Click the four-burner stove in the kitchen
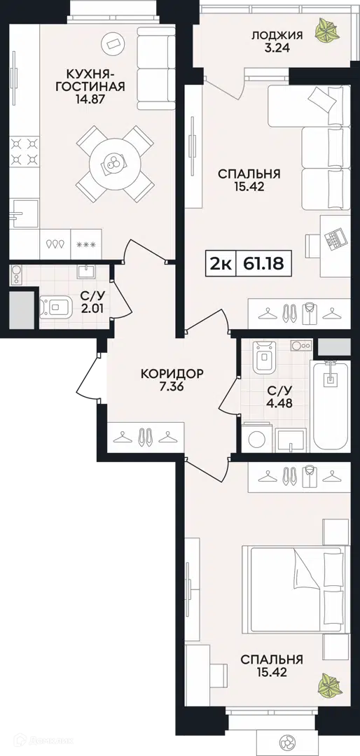pos(24,151)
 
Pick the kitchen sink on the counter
pos(24,213)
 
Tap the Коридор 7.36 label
pos(172,379)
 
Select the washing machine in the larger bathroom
pos(257,437)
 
